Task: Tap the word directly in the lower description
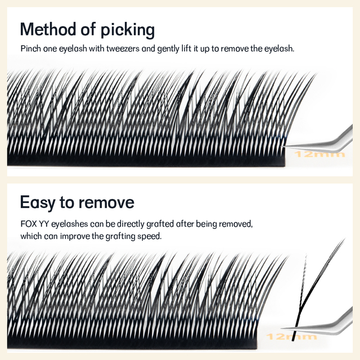(x=129, y=224)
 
